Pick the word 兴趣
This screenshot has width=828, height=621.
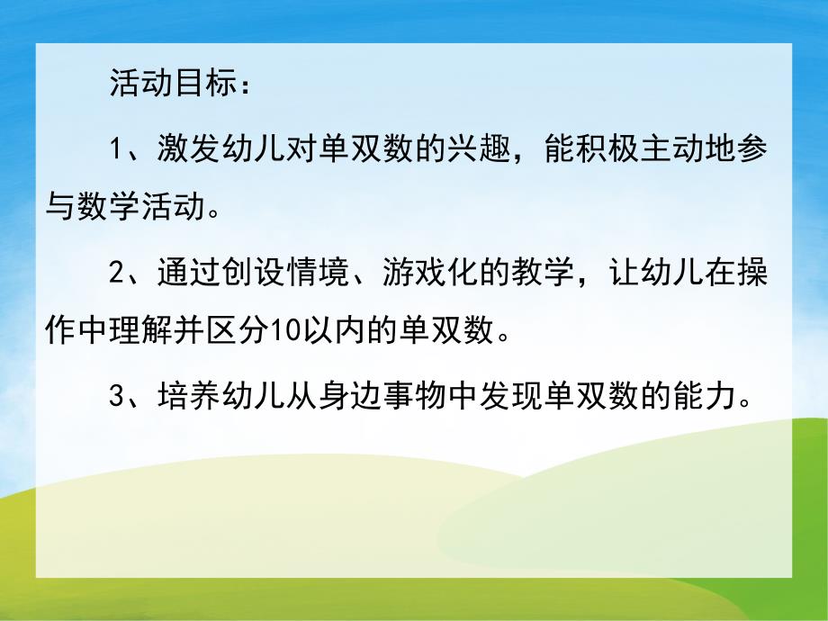point(492,149)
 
